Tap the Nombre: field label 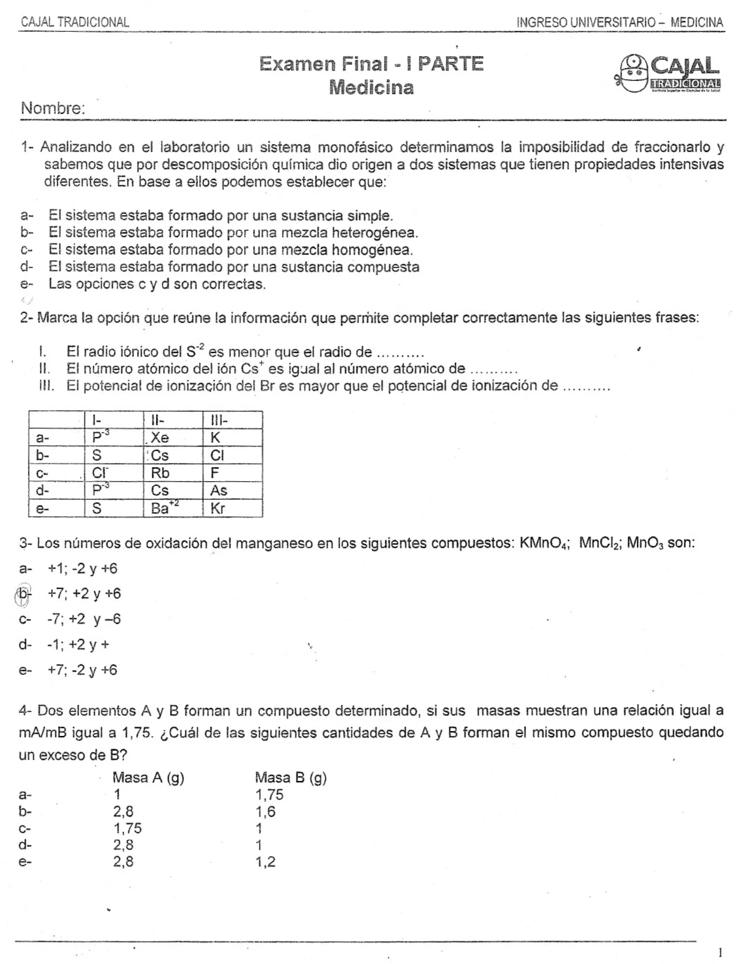tap(53, 108)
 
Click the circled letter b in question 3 tap(23, 594)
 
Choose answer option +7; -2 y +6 tap(83, 670)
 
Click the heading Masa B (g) tap(290, 778)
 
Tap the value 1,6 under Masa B tap(266, 811)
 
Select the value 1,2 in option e tap(266, 862)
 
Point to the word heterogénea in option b tap(374, 232)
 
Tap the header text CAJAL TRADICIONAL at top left tap(75, 22)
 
